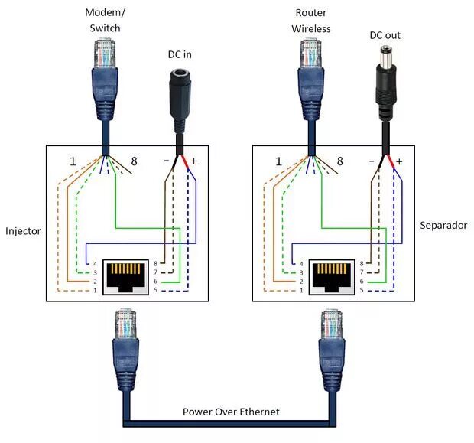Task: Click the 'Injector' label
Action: point(24,230)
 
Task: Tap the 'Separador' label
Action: point(443,226)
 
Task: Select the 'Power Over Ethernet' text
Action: point(231,412)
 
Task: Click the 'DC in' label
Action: point(180,54)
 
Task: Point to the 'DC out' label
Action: point(385,35)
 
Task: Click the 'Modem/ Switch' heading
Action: point(104,21)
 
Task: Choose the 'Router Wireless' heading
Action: point(311,21)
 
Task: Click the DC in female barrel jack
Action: point(180,92)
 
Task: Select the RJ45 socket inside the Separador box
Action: point(332,275)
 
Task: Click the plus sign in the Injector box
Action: point(193,162)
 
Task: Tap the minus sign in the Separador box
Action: point(372,162)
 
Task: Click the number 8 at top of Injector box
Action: point(135,161)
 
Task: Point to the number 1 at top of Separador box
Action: point(278,161)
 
